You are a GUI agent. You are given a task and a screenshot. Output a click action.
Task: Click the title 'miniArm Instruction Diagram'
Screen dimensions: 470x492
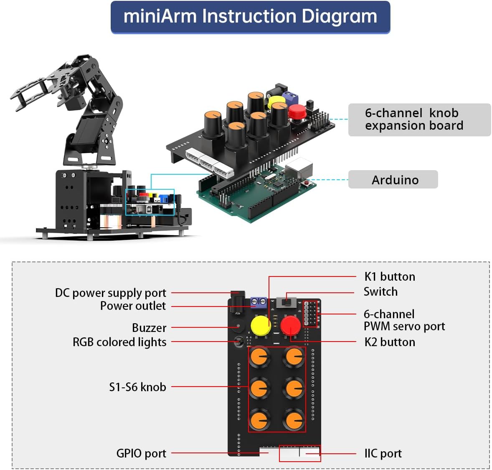[x=250, y=17]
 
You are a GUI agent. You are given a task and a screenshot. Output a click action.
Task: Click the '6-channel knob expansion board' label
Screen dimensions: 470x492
[x=414, y=119]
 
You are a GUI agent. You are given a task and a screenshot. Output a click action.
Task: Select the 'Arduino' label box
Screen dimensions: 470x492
[x=395, y=180]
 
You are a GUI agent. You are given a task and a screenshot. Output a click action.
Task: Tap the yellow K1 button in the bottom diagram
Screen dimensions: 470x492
[x=261, y=326]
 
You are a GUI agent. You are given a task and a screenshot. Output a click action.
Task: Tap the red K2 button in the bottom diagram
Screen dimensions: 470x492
[x=290, y=325]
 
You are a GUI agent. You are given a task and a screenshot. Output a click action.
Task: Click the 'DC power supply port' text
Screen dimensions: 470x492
[x=111, y=293]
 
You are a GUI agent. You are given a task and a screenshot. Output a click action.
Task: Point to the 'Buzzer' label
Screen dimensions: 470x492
[x=149, y=328]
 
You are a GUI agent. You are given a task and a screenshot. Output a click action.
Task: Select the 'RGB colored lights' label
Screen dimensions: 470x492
[x=119, y=342]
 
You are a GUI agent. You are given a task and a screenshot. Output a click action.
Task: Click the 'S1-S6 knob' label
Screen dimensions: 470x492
[x=137, y=387]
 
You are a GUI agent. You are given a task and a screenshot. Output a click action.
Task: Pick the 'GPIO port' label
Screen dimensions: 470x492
[x=141, y=453]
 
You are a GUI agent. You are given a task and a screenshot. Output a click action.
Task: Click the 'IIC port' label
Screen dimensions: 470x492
[x=383, y=453]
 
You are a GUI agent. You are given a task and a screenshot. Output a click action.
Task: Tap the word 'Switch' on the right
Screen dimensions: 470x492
[x=380, y=292]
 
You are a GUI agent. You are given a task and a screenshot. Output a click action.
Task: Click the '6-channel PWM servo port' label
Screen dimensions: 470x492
[x=404, y=320]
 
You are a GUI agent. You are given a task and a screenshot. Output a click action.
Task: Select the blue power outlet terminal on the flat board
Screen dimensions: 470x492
[x=259, y=302]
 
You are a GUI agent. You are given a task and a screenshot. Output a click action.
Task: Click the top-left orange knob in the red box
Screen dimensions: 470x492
[x=260, y=357]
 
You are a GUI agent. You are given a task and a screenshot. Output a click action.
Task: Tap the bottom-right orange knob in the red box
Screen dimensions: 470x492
[x=294, y=419]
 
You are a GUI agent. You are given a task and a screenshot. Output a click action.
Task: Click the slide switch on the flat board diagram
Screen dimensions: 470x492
[x=287, y=301]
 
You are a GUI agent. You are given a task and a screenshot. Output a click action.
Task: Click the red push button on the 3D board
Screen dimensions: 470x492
[x=297, y=111]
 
